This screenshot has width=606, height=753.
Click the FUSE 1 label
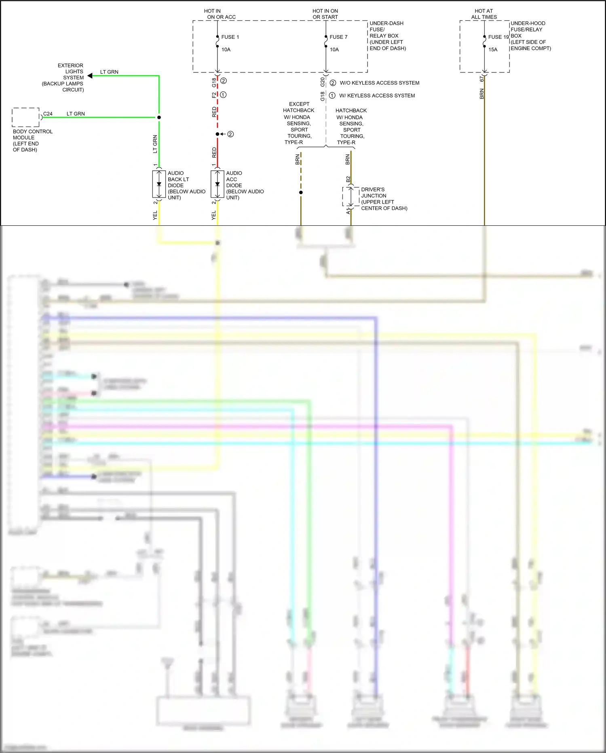230,37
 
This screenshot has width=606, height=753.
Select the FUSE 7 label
338,37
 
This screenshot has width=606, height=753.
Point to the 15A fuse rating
493,49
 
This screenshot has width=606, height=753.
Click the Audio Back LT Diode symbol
159,185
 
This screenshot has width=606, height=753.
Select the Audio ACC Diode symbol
217,185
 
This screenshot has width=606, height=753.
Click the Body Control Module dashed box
26,117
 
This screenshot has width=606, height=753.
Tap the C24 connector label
48,114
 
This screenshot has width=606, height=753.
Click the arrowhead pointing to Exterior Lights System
90,76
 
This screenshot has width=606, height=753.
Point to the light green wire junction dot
159,117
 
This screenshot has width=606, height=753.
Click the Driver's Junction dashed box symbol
351,197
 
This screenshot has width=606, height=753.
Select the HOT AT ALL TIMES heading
484,14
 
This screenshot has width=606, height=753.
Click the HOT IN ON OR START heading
325,14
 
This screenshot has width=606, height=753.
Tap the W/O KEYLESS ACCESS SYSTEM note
379,83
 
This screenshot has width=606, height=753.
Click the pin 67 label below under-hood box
481,79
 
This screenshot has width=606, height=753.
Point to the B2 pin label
348,179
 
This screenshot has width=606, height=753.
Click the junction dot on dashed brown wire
301,192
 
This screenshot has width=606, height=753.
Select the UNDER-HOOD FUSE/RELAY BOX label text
530,36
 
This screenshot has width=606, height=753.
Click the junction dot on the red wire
217,134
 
